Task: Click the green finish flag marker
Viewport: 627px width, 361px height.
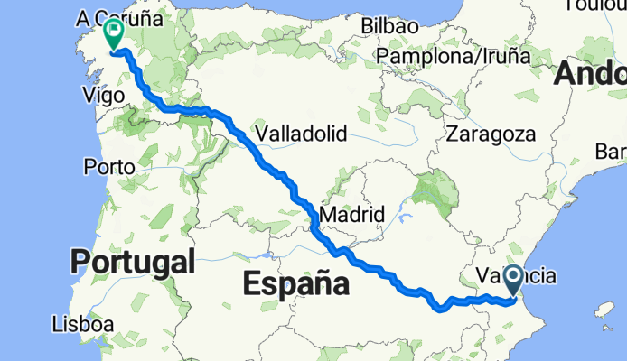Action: [115, 33]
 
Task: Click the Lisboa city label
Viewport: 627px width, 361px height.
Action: [82, 322]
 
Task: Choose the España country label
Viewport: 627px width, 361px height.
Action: [296, 284]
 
